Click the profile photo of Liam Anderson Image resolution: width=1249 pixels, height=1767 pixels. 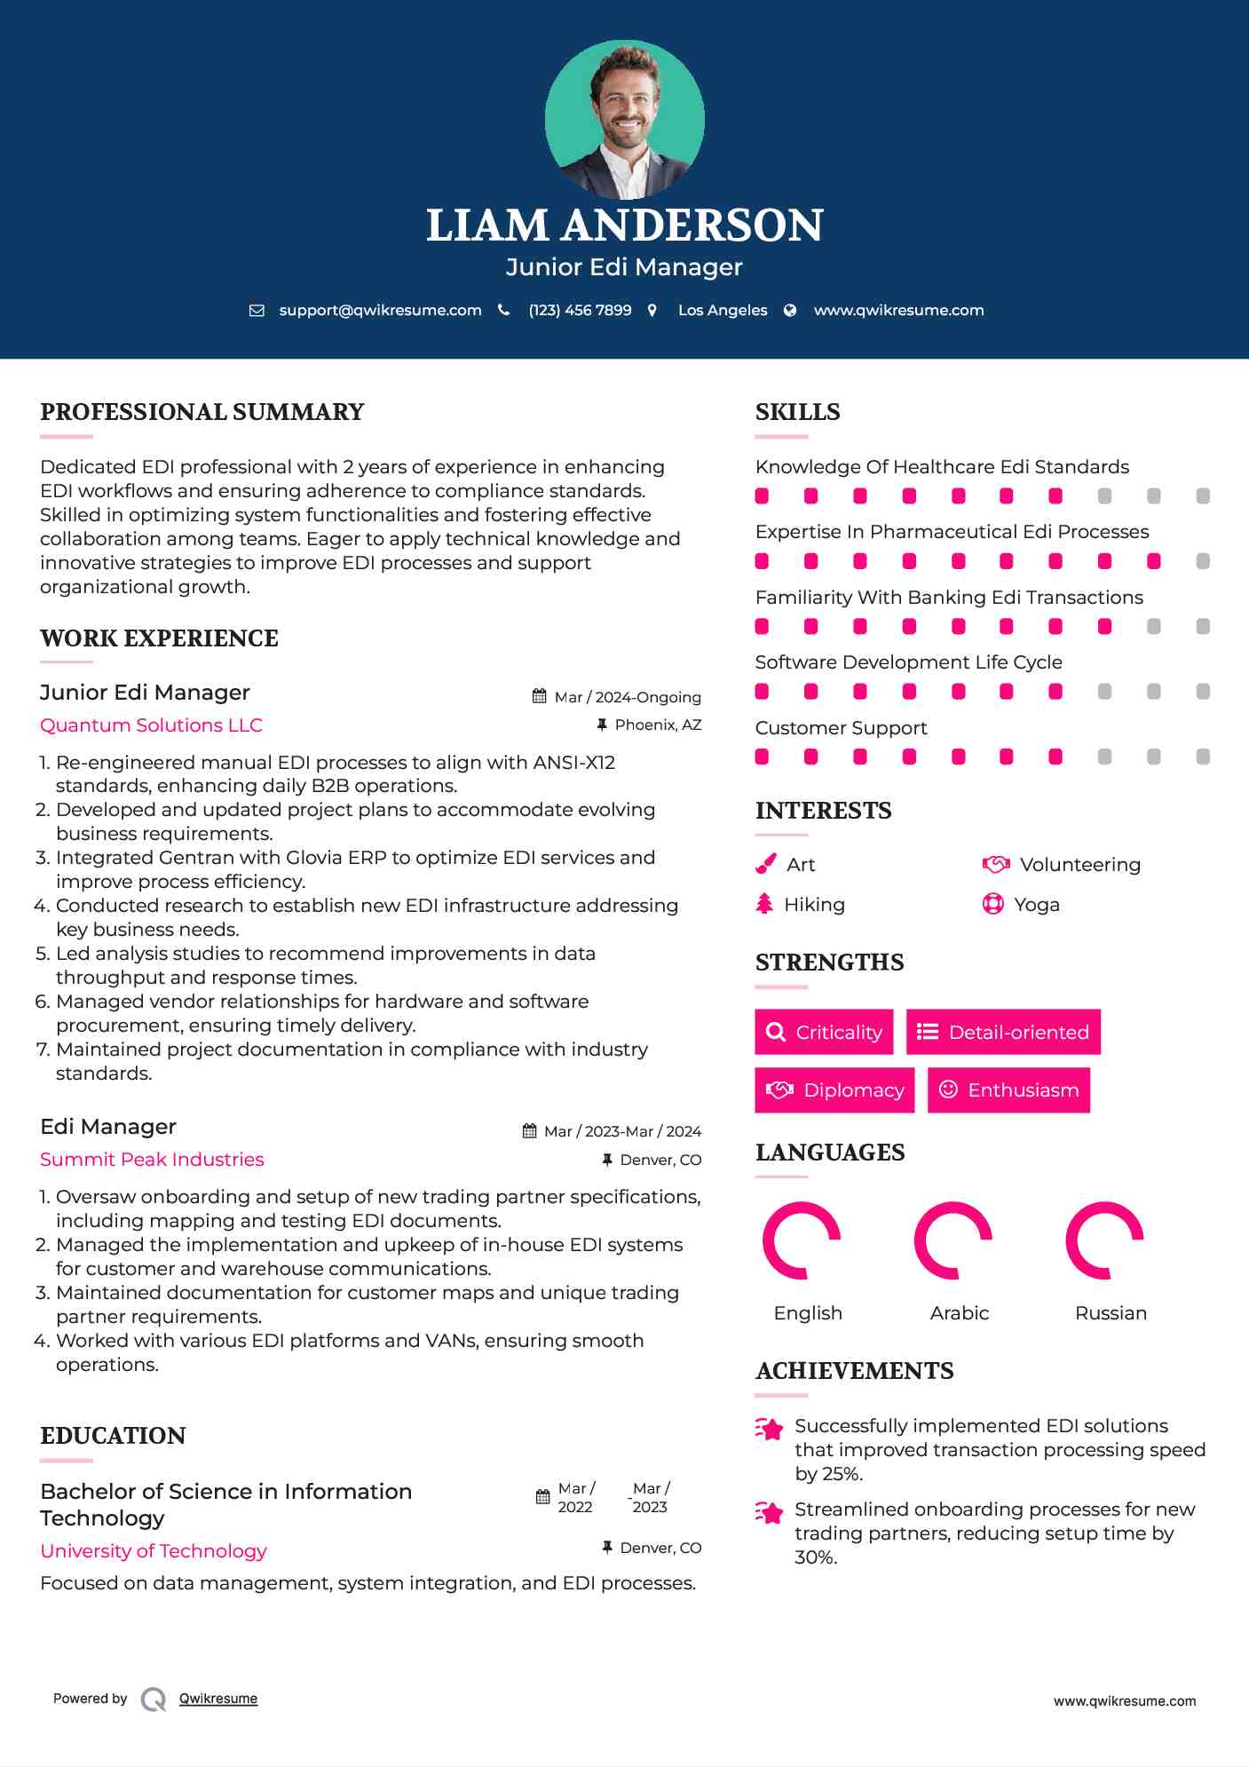point(624,119)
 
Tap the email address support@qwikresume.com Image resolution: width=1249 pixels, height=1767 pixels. point(380,310)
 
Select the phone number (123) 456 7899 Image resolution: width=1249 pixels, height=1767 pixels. point(580,310)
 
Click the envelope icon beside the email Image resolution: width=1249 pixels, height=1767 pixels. point(257,310)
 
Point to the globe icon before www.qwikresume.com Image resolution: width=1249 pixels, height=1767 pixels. point(790,310)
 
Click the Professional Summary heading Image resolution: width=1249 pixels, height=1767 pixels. point(202,412)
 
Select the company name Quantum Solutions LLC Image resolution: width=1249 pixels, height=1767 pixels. point(151,725)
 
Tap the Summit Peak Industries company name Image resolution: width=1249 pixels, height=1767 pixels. point(152,1159)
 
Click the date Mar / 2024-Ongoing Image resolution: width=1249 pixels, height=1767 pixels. point(627,697)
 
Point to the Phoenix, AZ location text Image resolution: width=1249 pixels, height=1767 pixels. point(658,725)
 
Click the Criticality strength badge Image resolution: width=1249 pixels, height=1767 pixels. point(824,1032)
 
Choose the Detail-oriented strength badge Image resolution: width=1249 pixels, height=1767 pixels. point(1003,1032)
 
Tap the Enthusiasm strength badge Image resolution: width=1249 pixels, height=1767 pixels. point(1008,1090)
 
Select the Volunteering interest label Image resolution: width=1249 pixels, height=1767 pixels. point(1079,864)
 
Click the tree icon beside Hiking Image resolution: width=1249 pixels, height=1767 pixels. point(764,904)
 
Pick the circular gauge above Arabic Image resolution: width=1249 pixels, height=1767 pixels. point(953,1240)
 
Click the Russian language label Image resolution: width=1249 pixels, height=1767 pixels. point(1111,1312)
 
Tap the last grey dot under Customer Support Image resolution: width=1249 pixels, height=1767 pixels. point(1203,757)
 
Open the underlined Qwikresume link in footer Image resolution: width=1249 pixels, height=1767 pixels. point(218,1699)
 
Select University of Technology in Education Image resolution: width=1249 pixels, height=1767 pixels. point(154,1550)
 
